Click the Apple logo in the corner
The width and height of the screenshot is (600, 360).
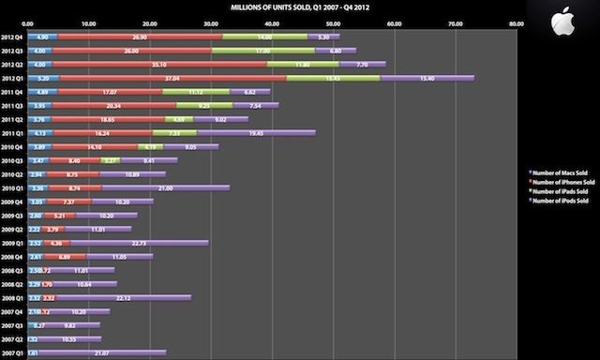click(562, 20)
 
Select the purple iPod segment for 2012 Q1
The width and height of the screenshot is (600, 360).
click(427, 78)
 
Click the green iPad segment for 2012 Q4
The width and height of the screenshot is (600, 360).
click(277, 37)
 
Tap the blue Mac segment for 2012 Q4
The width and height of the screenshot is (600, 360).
click(43, 37)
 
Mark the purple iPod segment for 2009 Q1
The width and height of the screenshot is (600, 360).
click(140, 242)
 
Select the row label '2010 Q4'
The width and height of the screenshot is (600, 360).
click(13, 146)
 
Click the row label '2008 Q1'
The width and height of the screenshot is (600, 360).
click(13, 297)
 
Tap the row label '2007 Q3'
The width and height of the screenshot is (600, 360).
click(13, 324)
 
